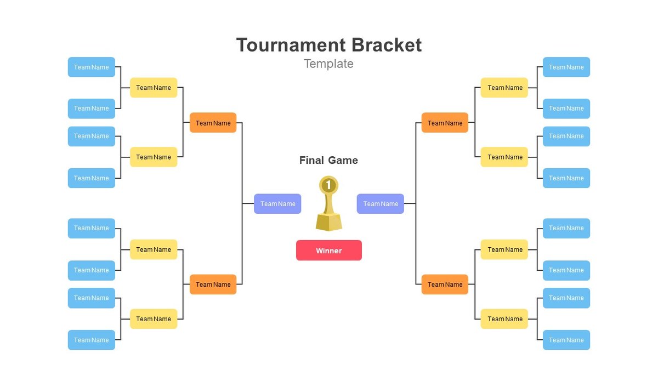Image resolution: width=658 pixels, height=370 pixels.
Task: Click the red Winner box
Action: coord(328,251)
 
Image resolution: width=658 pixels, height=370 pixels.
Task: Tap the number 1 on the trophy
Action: coord(328,185)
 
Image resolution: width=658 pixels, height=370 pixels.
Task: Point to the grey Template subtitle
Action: coord(328,64)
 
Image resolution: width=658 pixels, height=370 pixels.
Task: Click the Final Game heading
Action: coord(328,161)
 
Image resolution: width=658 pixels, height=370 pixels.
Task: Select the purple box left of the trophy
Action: coord(277,204)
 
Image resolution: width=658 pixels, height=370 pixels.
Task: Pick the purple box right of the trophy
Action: coord(380,204)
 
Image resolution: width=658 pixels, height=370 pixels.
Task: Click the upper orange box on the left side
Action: coord(213,123)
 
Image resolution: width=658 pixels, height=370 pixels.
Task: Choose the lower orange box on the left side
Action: coord(213,284)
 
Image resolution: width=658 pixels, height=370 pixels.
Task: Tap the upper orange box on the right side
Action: coord(445,123)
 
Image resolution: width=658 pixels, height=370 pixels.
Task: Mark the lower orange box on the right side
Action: coord(445,284)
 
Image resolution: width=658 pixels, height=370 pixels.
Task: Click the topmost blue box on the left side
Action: coord(92,67)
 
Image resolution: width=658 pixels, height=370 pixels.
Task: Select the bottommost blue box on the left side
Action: coord(92,340)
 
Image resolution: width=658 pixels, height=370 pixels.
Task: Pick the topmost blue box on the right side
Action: coord(566,67)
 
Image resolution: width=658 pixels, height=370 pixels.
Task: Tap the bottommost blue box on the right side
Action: coord(566,340)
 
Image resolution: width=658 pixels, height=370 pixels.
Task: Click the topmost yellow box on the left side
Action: coord(154,88)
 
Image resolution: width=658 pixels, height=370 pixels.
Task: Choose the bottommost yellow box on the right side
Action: coord(504,319)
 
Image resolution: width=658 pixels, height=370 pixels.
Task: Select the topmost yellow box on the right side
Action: coord(504,88)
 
